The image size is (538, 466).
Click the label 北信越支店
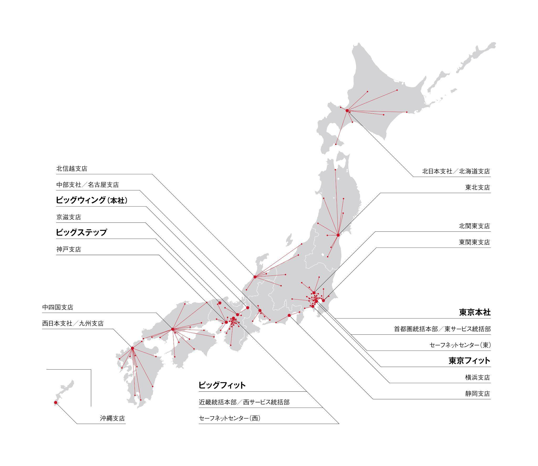click(x=71, y=169)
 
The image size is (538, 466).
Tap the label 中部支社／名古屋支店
click(x=87, y=185)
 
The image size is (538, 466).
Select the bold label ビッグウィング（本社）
click(x=92, y=200)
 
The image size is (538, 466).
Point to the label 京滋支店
click(x=68, y=217)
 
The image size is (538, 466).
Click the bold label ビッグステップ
click(x=81, y=232)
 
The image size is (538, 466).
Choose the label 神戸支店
click(x=68, y=249)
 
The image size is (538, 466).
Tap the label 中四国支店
click(x=58, y=307)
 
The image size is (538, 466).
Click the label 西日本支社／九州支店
click(x=73, y=323)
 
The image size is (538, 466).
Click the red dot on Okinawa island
click(x=55, y=402)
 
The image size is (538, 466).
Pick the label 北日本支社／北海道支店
click(x=456, y=171)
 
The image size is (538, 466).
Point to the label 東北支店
click(x=477, y=188)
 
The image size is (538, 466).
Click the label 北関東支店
click(x=474, y=226)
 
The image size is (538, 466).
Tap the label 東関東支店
click(x=474, y=242)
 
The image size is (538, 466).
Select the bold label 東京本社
click(x=475, y=312)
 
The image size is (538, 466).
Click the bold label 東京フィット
click(x=469, y=361)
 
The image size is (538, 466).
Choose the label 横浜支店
click(x=477, y=377)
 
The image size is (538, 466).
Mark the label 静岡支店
click(x=477, y=393)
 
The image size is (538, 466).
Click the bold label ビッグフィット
click(x=222, y=385)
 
